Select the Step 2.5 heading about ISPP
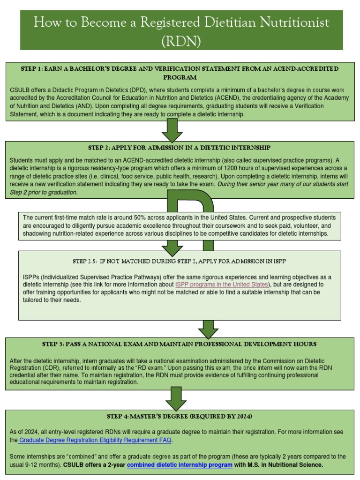(x=180, y=261)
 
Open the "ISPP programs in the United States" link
(x=222, y=285)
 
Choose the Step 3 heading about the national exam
(x=179, y=344)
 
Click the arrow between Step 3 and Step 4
(x=176, y=398)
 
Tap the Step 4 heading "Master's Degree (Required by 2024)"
(x=180, y=416)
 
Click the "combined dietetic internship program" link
(x=180, y=465)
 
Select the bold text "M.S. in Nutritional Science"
(x=285, y=465)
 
